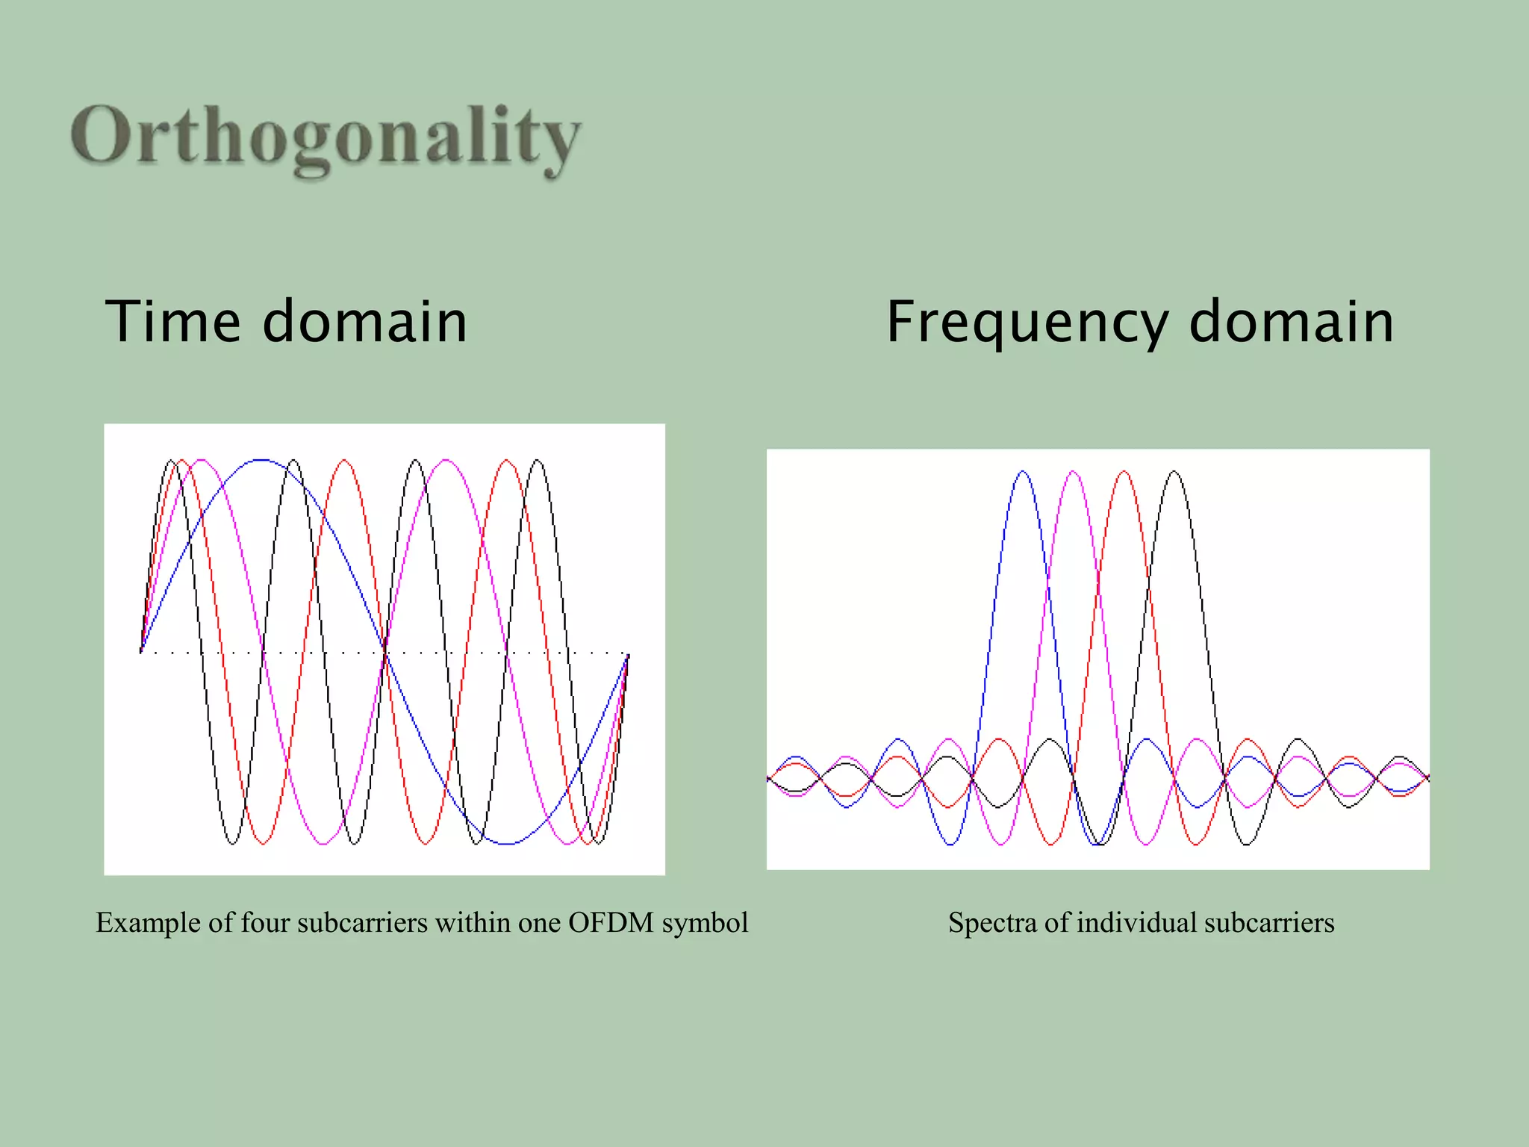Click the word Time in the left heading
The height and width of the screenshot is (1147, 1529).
tap(172, 322)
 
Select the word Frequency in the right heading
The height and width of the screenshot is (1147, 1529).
tap(1026, 322)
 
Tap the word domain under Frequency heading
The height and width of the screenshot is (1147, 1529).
tap(1291, 322)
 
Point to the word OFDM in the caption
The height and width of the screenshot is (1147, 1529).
tap(610, 923)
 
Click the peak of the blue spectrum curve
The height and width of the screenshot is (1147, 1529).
tap(1022, 472)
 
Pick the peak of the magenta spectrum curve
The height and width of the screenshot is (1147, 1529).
tap(1073, 472)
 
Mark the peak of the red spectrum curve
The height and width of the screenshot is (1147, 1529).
tap(1124, 472)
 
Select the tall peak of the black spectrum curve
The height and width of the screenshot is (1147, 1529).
tap(1174, 472)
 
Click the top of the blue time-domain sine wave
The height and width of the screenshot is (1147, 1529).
tap(261, 461)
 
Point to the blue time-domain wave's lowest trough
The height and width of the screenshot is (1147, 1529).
tap(506, 843)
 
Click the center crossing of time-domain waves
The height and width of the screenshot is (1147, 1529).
tap(384, 652)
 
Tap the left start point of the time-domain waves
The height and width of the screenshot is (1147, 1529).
tap(141, 652)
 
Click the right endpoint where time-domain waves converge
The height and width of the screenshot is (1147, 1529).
tap(627, 656)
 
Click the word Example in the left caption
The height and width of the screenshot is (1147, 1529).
tap(148, 923)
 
